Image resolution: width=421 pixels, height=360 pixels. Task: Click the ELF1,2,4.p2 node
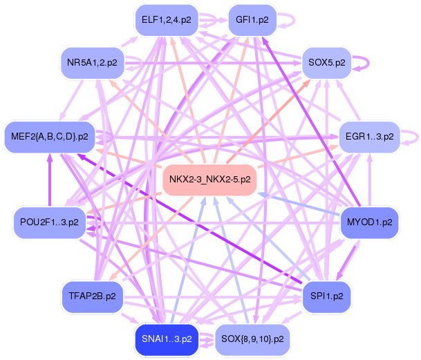167,20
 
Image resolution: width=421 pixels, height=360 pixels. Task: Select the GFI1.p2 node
252,20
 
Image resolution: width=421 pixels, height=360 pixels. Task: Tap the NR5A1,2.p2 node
93,63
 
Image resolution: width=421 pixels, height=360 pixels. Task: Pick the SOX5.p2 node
327,63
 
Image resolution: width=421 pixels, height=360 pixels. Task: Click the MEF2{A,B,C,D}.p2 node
50,137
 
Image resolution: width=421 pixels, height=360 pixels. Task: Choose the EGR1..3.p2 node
369,137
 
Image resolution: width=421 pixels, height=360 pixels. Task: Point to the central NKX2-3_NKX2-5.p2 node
209,180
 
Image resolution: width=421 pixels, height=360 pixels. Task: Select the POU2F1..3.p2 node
50,222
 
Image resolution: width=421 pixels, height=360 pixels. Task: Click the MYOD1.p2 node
369,222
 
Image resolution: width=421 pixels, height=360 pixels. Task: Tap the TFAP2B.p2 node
93,296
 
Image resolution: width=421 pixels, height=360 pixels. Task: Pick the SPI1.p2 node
327,296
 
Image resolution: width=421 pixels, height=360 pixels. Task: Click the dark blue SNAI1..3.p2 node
167,339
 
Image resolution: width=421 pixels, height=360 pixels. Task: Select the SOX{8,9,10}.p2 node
252,339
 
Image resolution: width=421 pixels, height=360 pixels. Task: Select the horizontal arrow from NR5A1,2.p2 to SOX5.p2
213,63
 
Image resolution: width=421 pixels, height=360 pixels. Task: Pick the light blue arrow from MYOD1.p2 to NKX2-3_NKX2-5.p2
299,204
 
